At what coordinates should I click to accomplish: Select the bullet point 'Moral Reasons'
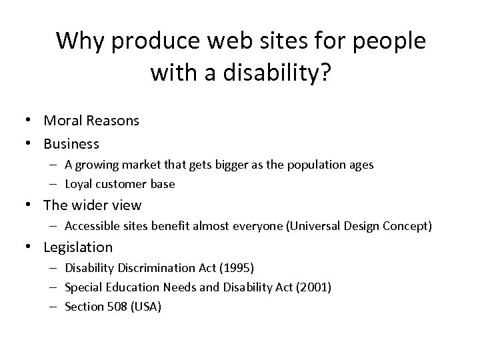tap(91, 121)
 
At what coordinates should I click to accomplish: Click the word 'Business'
tap(71, 143)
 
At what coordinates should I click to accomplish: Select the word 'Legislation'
tap(78, 247)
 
